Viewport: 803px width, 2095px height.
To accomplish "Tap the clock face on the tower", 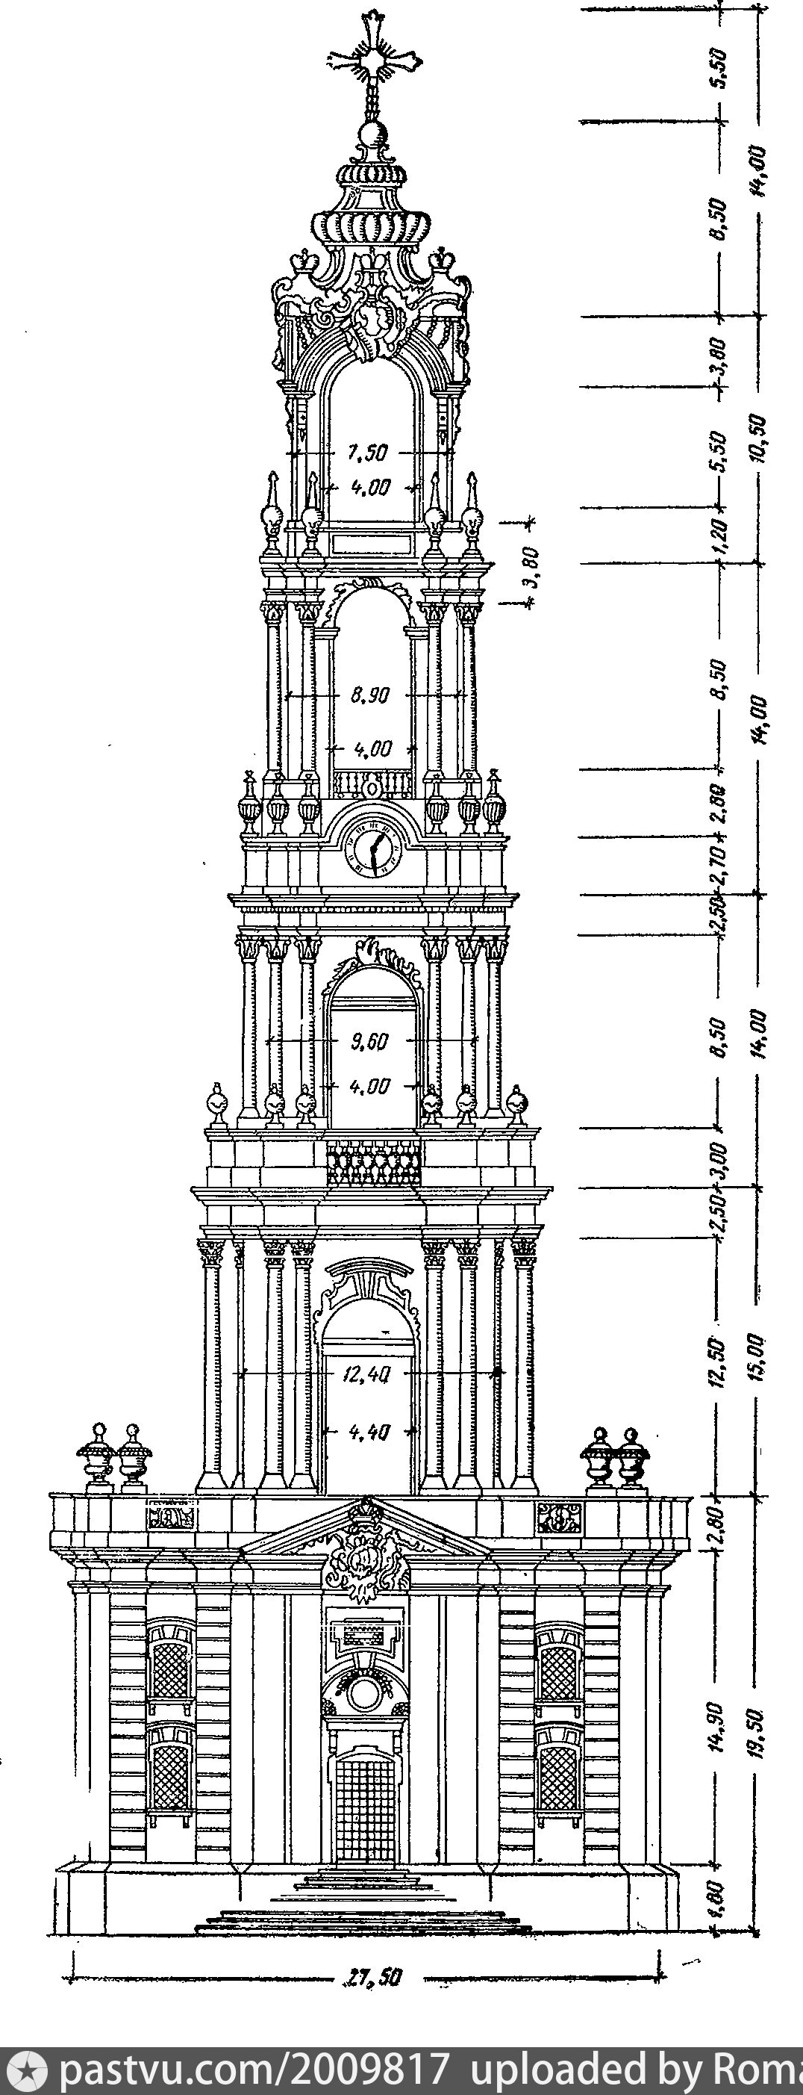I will (373, 851).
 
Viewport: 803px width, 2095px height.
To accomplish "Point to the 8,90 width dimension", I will (371, 696).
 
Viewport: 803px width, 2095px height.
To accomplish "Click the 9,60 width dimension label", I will (371, 1042).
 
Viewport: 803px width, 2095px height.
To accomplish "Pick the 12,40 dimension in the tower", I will (370, 1374).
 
